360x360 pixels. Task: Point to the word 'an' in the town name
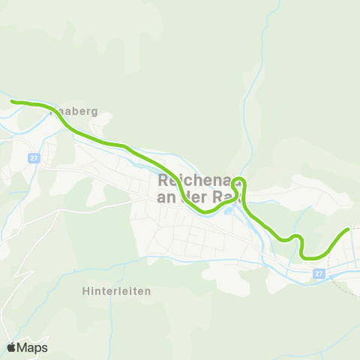[167, 198]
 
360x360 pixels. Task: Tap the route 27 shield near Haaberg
[34, 158]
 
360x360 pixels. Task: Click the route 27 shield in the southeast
[319, 274]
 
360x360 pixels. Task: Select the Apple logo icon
[11, 347]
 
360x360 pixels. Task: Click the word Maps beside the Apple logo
[32, 347]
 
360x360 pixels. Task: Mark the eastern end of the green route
[349, 229]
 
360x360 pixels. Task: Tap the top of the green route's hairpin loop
[238, 179]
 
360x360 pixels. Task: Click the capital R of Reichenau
[165, 181]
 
